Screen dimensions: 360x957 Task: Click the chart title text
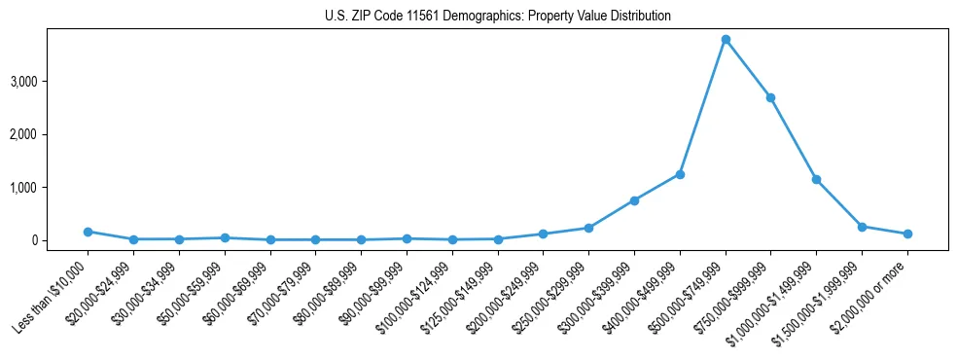[497, 17]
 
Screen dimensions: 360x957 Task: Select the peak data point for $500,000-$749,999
[726, 39]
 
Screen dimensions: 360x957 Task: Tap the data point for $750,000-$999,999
[770, 97]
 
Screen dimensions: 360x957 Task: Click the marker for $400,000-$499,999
[680, 174]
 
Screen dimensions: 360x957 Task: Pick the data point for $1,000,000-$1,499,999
[816, 179]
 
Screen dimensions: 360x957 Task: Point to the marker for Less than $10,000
[88, 232]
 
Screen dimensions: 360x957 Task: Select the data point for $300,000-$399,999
[634, 200]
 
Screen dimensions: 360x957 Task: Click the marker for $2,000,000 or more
[907, 234]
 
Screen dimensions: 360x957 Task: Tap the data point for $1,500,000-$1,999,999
[862, 227]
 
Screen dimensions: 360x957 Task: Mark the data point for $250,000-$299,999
[588, 228]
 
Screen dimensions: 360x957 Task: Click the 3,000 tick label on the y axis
[51, 81]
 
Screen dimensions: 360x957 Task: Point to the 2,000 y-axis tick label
[51, 134]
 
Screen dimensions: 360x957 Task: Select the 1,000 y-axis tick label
[51, 187]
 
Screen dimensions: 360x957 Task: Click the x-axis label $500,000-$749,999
[692, 292]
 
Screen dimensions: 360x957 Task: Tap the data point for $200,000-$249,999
[543, 234]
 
